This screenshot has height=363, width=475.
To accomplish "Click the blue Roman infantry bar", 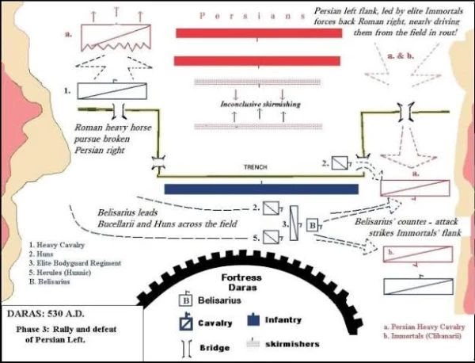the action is [x=261, y=189].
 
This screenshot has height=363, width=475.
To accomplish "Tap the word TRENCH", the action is [x=256, y=167].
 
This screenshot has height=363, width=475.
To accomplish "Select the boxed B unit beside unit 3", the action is [x=313, y=225].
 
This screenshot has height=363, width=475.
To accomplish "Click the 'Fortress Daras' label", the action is [x=241, y=282].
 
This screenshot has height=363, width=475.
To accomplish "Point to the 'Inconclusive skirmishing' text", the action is [x=260, y=104].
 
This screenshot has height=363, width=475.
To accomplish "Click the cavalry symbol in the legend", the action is [x=186, y=322].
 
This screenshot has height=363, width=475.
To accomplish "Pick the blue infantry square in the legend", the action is [x=253, y=320].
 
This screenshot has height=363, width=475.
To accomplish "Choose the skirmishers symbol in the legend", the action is [x=253, y=342].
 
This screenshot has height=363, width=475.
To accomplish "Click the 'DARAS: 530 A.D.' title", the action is [x=45, y=314].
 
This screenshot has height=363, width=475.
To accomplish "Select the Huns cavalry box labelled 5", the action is [x=271, y=237].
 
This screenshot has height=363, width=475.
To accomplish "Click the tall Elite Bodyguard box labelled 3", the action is [x=294, y=224].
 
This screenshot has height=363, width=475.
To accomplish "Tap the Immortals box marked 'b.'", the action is [x=418, y=254].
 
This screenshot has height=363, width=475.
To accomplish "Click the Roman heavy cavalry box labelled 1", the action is [x=112, y=91].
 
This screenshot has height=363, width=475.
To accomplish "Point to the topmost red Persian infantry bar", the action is [x=259, y=33].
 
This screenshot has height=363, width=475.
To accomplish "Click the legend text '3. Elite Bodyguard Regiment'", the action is [x=75, y=263].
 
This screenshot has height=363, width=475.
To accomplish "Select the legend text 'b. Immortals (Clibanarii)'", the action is [x=423, y=336].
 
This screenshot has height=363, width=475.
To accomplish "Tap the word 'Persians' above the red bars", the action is [x=252, y=16].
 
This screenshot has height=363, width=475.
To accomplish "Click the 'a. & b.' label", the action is [x=401, y=55].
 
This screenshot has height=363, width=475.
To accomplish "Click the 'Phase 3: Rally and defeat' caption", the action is [x=66, y=330].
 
